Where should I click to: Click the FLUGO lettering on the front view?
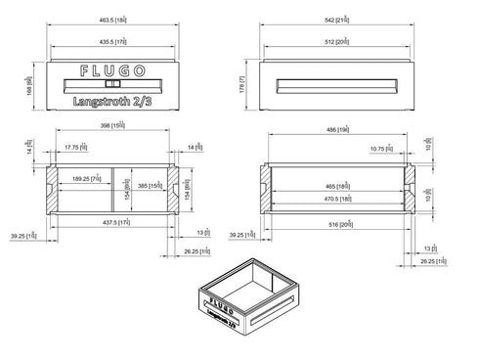[x=110, y=71]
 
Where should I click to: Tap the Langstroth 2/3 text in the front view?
[x=110, y=101]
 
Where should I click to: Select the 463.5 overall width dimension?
[x=110, y=20]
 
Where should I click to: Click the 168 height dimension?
[x=29, y=86]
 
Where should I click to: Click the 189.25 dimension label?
[x=86, y=179]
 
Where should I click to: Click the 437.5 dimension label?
[x=110, y=223]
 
